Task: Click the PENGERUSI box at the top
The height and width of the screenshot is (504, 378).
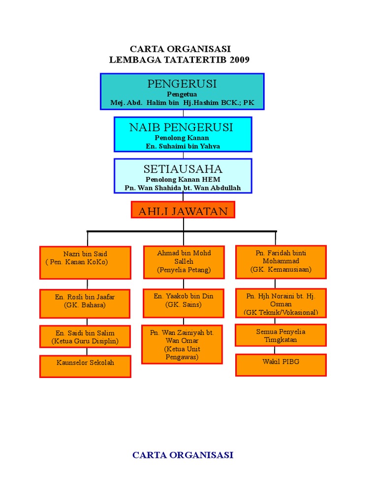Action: (x=182, y=92)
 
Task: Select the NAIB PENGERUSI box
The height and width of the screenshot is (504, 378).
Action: (x=183, y=134)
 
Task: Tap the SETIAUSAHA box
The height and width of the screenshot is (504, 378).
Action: (x=183, y=176)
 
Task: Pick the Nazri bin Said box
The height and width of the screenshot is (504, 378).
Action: (x=85, y=262)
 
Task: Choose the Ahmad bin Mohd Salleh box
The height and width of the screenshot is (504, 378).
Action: (x=184, y=262)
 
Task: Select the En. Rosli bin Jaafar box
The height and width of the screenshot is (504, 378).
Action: (x=85, y=303)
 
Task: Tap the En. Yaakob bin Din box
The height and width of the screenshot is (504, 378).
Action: (x=184, y=303)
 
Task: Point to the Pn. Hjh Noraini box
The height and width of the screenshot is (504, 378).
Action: (x=281, y=303)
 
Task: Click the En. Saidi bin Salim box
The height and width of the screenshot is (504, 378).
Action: (x=85, y=338)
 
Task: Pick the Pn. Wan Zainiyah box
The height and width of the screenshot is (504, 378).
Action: (x=182, y=344)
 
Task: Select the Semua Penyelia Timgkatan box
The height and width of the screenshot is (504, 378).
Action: (x=281, y=336)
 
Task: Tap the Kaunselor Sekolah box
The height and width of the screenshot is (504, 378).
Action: (x=85, y=366)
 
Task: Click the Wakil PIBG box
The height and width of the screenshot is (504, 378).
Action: (x=281, y=365)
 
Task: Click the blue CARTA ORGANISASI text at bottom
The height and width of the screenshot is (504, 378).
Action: (x=183, y=455)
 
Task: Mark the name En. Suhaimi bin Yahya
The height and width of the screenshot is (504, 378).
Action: (x=183, y=146)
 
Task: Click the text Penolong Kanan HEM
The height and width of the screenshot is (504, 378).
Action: (x=183, y=180)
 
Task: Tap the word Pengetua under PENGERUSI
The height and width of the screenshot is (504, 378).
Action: (x=182, y=94)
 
